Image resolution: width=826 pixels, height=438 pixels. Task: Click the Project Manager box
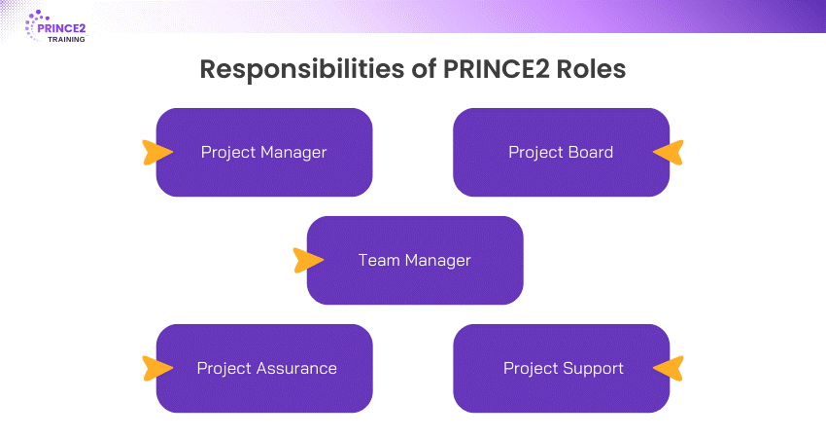264,152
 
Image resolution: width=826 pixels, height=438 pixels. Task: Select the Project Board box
561,152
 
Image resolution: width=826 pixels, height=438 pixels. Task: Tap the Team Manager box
415,260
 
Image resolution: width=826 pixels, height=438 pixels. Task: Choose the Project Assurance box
264,368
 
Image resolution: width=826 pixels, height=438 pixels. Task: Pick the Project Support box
561,368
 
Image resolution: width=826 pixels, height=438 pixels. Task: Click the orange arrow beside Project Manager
156,152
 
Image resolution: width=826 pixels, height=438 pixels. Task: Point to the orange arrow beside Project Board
669,152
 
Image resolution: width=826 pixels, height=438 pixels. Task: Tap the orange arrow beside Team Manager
307,260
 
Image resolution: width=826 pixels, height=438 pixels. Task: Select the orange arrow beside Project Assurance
156,368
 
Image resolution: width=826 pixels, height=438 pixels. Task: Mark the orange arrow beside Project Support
669,368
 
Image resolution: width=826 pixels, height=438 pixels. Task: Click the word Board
591,152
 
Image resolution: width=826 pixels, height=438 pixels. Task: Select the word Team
377,260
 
